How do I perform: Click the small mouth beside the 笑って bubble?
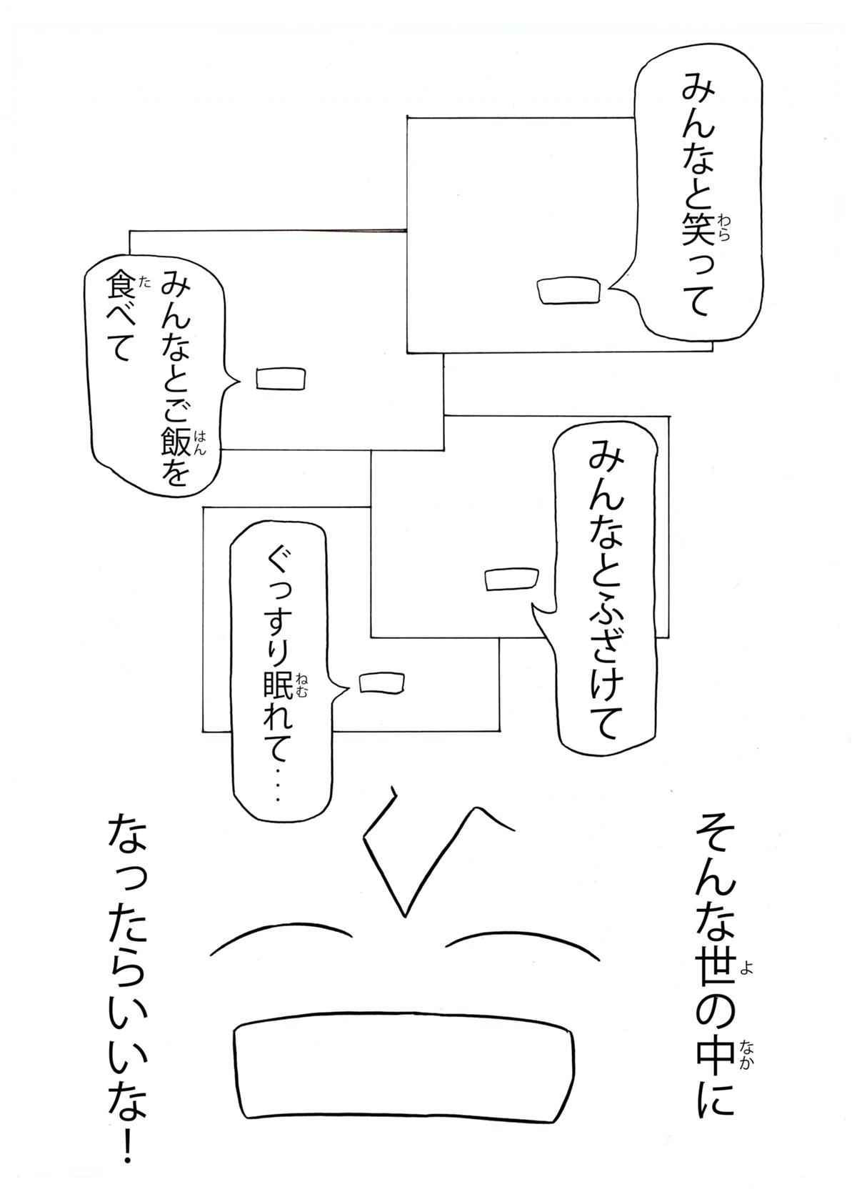[x=568, y=291]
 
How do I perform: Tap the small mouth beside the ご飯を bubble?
[x=281, y=379]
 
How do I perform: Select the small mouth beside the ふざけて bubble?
[x=511, y=580]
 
